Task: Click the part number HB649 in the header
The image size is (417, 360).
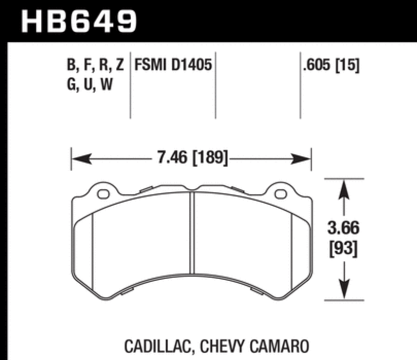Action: pyautogui.click(x=78, y=20)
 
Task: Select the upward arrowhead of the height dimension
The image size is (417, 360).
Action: pyautogui.click(x=343, y=190)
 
